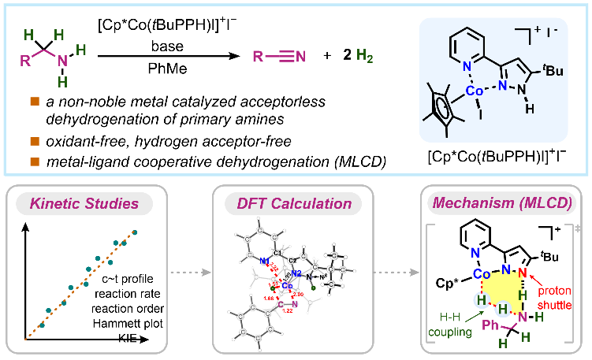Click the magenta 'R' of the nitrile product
pos(257,57)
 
